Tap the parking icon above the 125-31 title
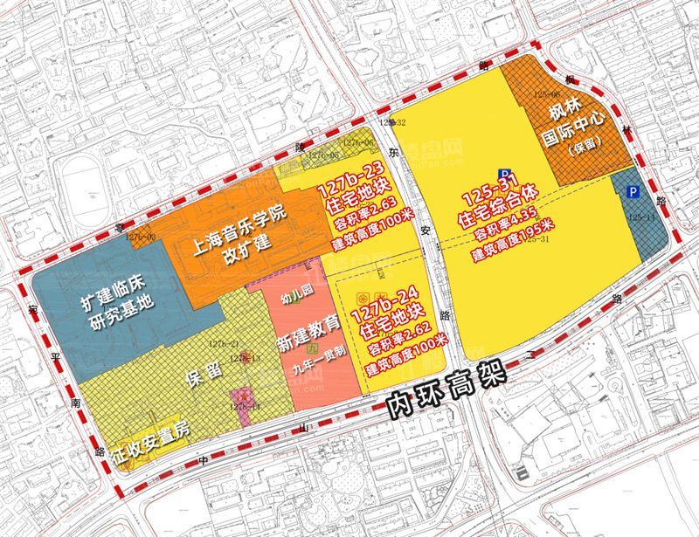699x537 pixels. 504,174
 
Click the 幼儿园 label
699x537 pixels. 296,299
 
